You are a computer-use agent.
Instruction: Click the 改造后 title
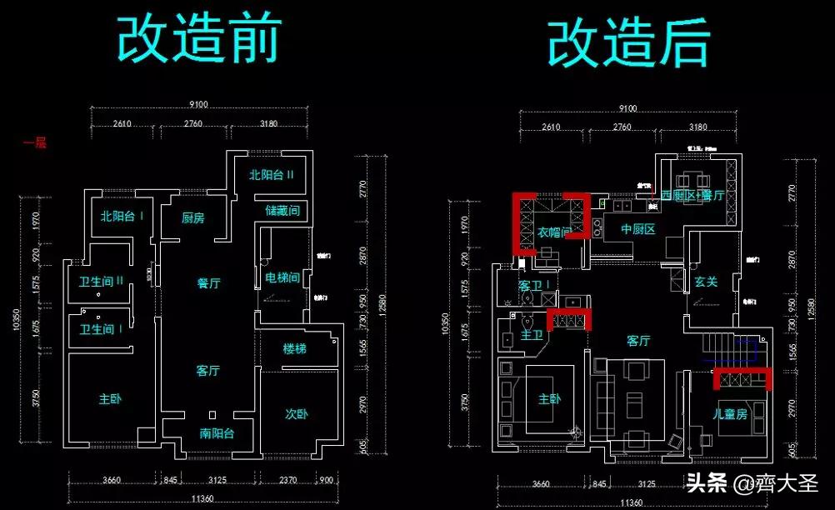coord(628,42)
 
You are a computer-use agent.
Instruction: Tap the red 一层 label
coord(34,142)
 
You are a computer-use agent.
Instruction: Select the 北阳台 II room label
coord(272,175)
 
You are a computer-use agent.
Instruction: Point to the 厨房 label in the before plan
coord(192,217)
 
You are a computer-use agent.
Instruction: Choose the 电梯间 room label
coord(282,277)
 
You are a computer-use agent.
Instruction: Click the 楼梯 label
coord(294,348)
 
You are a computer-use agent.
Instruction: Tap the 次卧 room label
coord(297,412)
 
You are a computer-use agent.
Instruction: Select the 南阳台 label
coord(217,433)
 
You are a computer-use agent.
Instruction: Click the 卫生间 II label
coord(102,281)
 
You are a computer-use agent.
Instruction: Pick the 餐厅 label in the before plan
coord(208,283)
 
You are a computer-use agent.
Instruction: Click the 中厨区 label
coord(638,229)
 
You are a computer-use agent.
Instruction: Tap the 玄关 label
coord(706,282)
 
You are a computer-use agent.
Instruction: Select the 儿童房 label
coord(729,413)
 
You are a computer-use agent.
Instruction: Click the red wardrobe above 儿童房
coord(742,379)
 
